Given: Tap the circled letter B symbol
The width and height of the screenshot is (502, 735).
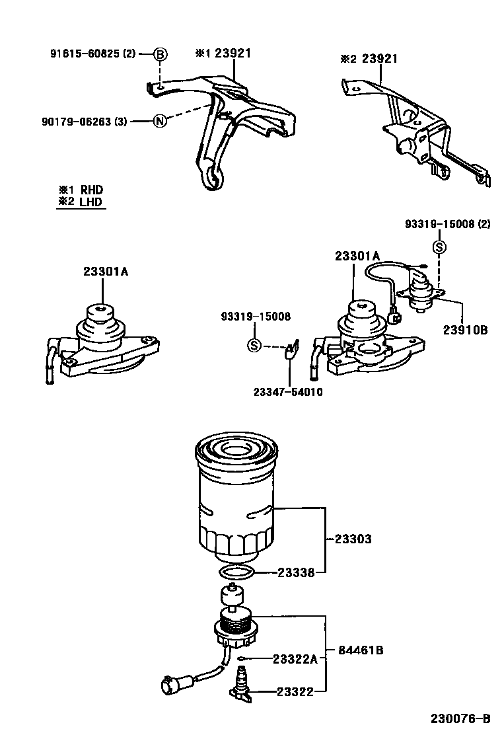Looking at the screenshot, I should (161, 54).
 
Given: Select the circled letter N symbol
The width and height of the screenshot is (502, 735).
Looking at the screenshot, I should (160, 121).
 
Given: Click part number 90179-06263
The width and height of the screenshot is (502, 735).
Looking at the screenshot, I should (83, 121).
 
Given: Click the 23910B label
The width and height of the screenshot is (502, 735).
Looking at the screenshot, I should (465, 329).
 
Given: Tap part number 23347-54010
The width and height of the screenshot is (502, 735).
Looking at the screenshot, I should (288, 391).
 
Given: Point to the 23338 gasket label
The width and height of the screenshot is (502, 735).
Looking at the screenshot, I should (295, 573).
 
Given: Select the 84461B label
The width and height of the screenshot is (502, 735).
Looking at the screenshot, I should (361, 650).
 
